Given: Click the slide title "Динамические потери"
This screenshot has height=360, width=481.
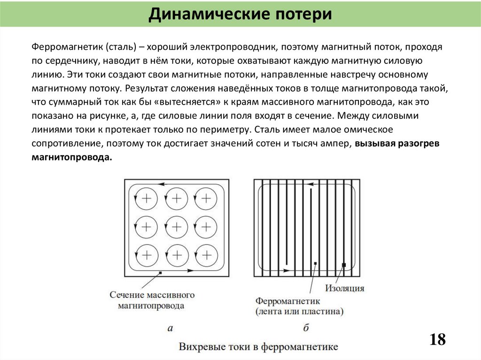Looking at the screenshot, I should click(240, 14).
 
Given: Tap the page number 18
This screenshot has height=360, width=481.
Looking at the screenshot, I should click(437, 339).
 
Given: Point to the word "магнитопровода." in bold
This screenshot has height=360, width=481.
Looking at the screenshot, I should click(72, 158).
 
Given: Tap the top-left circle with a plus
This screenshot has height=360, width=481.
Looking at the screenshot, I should click(147, 198).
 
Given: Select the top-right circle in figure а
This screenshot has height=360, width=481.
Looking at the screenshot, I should click(206, 198).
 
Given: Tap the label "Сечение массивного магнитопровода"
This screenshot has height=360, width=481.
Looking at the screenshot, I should click(152, 300).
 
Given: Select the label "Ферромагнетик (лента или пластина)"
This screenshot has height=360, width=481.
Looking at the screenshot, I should click(299, 306).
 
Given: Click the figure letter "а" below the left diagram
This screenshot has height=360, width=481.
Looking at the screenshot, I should click(170, 329).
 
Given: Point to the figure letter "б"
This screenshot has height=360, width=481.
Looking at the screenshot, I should click(306, 328).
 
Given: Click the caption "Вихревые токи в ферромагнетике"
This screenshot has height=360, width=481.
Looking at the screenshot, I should click(258, 347).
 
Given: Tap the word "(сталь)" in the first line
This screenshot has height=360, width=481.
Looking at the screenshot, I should click(121, 47).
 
